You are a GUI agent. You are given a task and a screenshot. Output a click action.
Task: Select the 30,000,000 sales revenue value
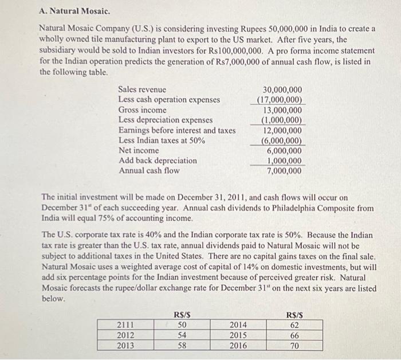282,90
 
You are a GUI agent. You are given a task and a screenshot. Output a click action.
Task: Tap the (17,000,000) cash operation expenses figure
280,100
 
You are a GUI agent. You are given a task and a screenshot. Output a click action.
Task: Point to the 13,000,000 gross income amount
282,110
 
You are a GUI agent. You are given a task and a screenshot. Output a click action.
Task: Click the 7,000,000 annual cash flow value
284,171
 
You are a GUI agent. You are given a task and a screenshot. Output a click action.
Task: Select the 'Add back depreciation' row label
157,161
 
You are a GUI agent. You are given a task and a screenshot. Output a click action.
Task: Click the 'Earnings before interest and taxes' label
176,130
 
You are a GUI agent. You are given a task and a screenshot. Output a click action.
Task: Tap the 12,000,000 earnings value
282,130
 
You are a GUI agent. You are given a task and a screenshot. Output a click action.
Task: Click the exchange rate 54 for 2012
182,335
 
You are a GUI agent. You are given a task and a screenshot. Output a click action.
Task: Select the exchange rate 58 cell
182,346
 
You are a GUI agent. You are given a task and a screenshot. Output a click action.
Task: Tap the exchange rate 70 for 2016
294,346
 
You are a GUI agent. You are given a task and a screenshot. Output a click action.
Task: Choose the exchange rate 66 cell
294,335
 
